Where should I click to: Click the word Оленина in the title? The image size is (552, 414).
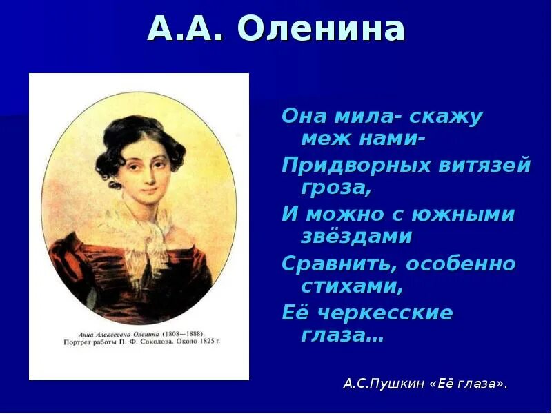tap(322, 30)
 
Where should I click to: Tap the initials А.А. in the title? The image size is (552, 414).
tap(187, 30)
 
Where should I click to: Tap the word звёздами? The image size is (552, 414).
tap(357, 237)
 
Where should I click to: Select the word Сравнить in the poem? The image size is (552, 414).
tap(338, 264)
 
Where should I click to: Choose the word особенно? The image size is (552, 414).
tap(461, 264)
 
